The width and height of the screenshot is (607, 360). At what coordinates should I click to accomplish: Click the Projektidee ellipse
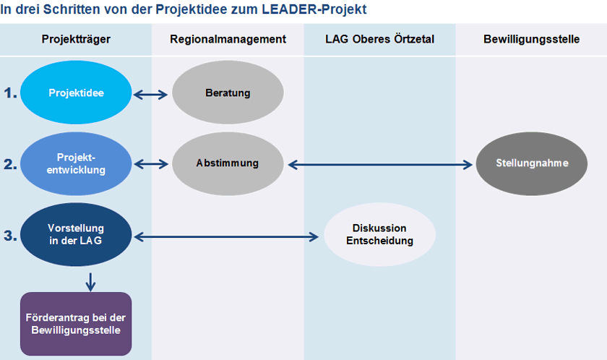(x=76, y=93)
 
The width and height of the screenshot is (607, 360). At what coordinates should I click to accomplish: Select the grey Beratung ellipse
(x=227, y=93)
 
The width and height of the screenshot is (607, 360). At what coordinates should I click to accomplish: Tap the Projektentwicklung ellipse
(x=76, y=164)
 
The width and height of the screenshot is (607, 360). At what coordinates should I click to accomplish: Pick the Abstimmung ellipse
(x=227, y=164)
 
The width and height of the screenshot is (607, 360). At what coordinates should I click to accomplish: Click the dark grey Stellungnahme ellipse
(x=532, y=164)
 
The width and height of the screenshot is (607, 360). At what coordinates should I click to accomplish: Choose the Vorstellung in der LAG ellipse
(x=76, y=235)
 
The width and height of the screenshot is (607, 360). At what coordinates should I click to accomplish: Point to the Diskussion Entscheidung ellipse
(x=379, y=235)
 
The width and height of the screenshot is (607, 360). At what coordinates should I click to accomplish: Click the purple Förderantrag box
(x=76, y=324)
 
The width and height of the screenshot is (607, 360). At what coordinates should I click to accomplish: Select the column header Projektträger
(x=76, y=39)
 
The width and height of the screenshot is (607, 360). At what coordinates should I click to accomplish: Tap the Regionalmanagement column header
(x=228, y=39)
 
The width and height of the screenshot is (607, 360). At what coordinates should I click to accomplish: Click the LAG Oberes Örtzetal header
(x=379, y=39)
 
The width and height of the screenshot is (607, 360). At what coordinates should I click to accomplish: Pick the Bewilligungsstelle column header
(x=531, y=39)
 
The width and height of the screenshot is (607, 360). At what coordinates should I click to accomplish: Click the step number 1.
(x=10, y=93)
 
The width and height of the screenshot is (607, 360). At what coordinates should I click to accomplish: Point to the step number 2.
(x=10, y=164)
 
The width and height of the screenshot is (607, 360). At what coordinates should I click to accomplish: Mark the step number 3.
(x=10, y=235)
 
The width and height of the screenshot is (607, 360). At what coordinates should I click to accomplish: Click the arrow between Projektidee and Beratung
(x=151, y=93)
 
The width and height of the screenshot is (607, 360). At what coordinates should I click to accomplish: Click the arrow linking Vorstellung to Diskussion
(x=227, y=236)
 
